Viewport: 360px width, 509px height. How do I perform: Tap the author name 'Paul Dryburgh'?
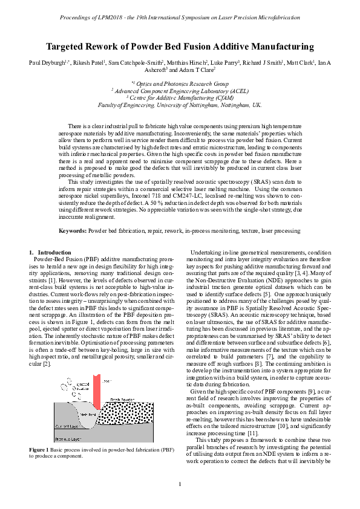46,62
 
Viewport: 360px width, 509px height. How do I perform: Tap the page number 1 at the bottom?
180,484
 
